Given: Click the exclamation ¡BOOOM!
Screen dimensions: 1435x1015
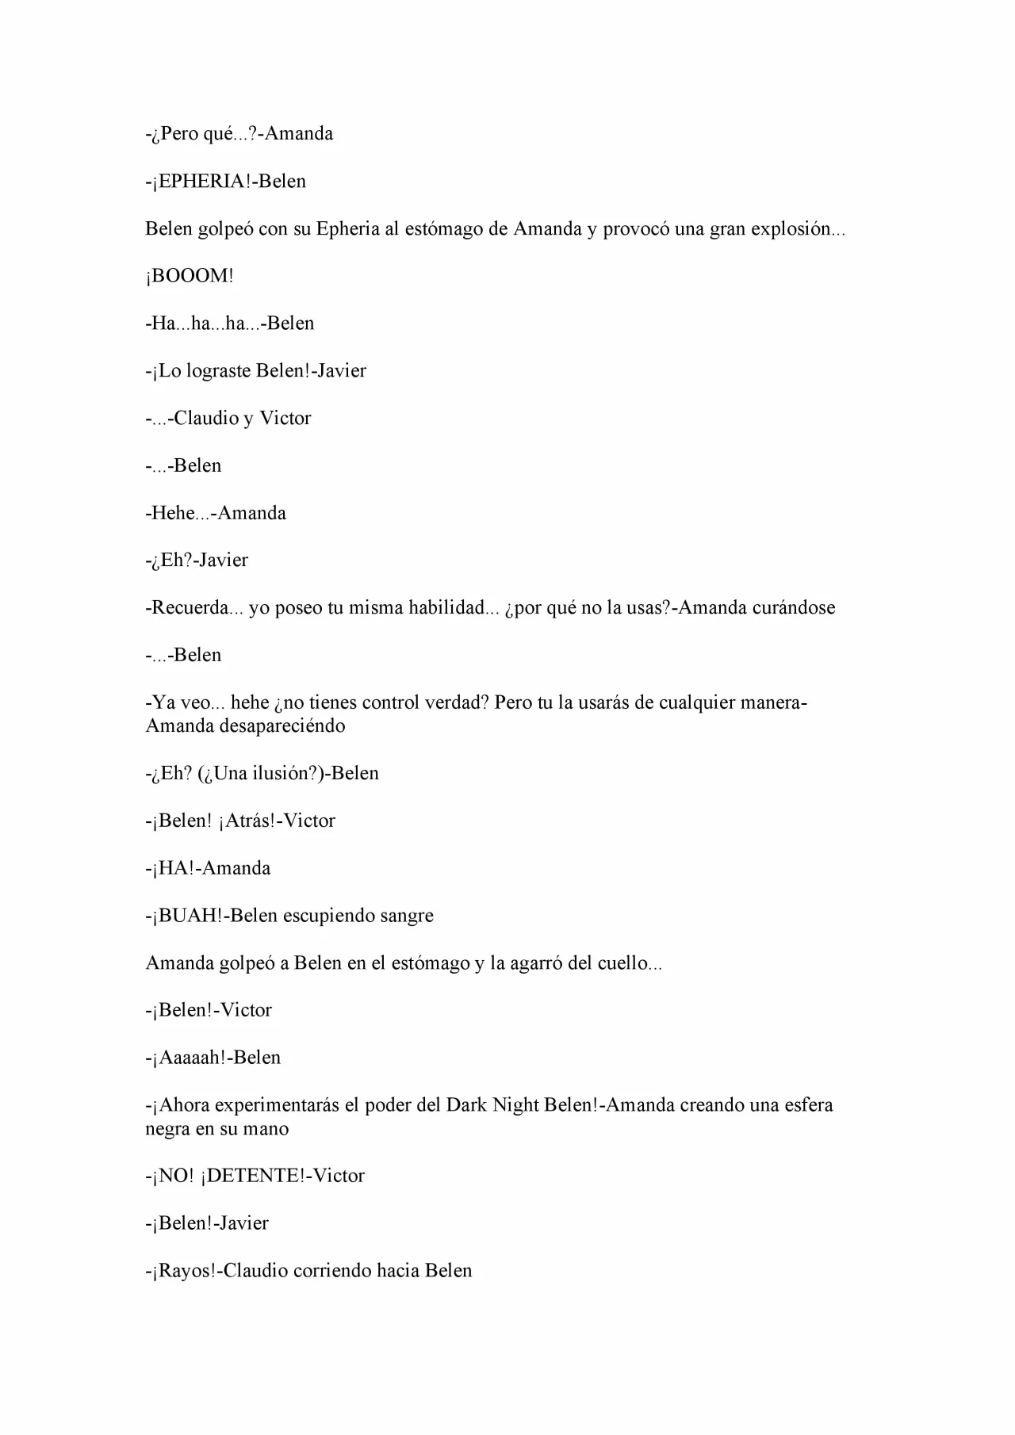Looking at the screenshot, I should pyautogui.click(x=190, y=276).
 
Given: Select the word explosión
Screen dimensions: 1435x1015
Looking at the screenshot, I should pyautogui.click(x=797, y=229).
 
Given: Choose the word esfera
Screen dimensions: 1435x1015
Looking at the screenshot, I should pyautogui.click(x=809, y=1105).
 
